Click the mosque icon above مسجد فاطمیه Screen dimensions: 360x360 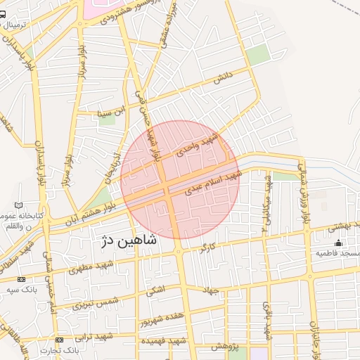[x=340, y=243]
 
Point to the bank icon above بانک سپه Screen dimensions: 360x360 [x=20, y=280]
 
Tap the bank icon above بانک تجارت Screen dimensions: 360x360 [x=58, y=340]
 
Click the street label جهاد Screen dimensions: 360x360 [x=210, y=290]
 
